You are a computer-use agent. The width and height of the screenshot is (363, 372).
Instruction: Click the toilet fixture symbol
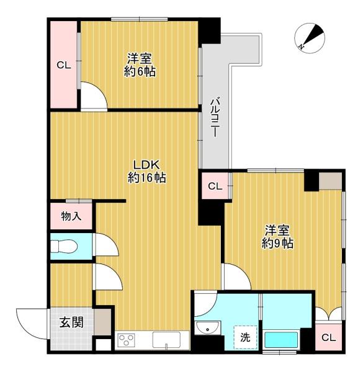coord(65,246)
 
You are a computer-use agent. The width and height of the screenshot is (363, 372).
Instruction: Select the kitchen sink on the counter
coord(166,340)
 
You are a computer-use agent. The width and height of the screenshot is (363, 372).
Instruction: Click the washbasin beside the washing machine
coord(208,327)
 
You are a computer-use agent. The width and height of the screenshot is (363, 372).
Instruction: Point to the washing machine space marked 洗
coord(245,337)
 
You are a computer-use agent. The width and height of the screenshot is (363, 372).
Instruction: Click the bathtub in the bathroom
coord(281,340)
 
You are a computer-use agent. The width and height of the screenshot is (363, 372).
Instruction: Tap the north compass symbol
coord(310,38)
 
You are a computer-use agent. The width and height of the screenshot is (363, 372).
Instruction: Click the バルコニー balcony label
coord(214,117)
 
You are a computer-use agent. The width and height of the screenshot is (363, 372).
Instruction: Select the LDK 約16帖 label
coord(146,171)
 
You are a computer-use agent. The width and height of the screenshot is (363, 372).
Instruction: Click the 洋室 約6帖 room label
coord(140,65)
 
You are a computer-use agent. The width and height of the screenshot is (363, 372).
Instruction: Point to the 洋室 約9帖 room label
coord(277,237)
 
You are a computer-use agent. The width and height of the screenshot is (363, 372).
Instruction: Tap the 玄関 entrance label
coord(71,322)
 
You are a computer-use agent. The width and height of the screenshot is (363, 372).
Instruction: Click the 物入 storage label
coord(71,216)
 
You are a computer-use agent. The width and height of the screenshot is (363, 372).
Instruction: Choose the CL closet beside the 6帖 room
coord(64,64)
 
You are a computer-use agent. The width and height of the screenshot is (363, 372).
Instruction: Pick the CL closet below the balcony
coord(215,186)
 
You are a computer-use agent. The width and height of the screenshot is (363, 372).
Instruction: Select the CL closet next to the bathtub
coord(328,337)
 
